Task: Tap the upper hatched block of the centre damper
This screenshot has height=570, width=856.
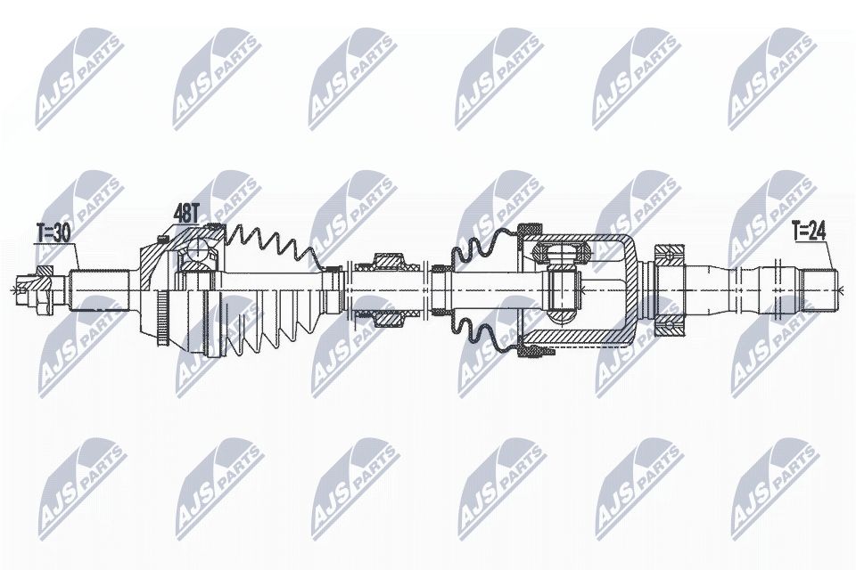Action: tap(387, 262)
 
